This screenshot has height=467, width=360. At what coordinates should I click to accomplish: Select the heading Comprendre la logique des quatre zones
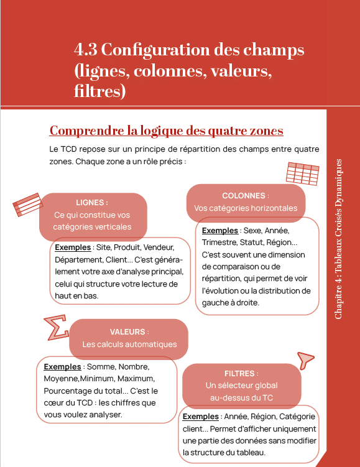click(x=166, y=131)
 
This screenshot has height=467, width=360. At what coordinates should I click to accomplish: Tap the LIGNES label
click(x=91, y=203)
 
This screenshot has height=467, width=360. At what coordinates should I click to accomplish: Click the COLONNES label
click(x=245, y=196)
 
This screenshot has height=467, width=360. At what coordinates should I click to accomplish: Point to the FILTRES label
click(x=241, y=374)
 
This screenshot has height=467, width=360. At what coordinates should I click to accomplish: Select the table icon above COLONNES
click(x=299, y=173)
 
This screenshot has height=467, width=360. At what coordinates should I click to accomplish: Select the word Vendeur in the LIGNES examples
click(x=162, y=247)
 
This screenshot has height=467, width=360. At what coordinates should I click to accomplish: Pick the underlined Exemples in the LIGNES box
click(x=73, y=247)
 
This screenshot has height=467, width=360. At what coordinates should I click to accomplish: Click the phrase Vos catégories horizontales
click(x=246, y=208)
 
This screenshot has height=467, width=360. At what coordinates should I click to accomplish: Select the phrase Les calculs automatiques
click(x=129, y=344)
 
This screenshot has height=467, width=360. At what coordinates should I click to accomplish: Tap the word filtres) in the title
click(x=99, y=92)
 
